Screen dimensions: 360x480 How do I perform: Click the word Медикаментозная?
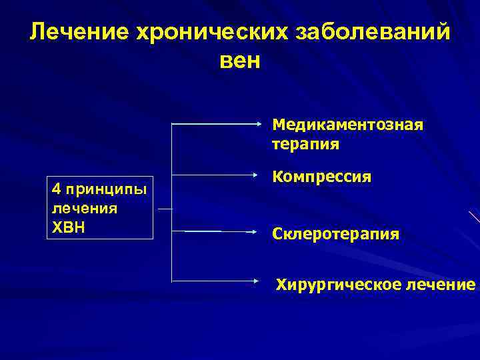click(x=347, y=125)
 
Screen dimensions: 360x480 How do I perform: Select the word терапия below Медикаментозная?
click(x=305, y=143)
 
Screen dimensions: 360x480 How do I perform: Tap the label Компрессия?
click(x=321, y=178)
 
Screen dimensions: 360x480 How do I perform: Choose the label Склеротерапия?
click(x=335, y=234)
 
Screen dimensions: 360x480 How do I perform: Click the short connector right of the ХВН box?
click(x=164, y=209)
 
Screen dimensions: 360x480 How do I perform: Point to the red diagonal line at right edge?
click(x=474, y=217)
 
